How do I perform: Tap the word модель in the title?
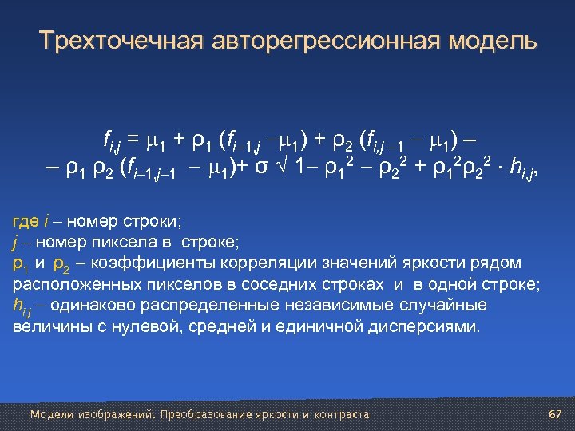tap(490, 41)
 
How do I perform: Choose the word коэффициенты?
tap(143, 263)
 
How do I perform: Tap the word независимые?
tap(347, 306)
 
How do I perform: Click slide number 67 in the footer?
tap(556, 414)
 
